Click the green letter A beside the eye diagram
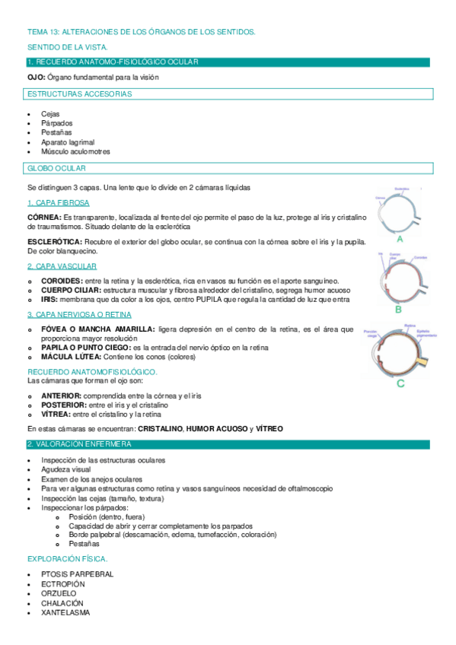tap(399, 238)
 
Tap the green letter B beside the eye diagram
tap(398, 310)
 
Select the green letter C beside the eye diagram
tap(400, 383)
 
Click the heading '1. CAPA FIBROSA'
tap(58, 202)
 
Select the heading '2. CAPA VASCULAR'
tap(62, 266)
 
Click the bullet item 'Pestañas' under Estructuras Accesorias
tap(56, 132)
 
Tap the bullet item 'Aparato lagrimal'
tap(68, 142)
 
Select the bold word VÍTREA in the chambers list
tap(57, 415)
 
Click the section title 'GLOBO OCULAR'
tap(56, 167)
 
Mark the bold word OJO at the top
tap(36, 78)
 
